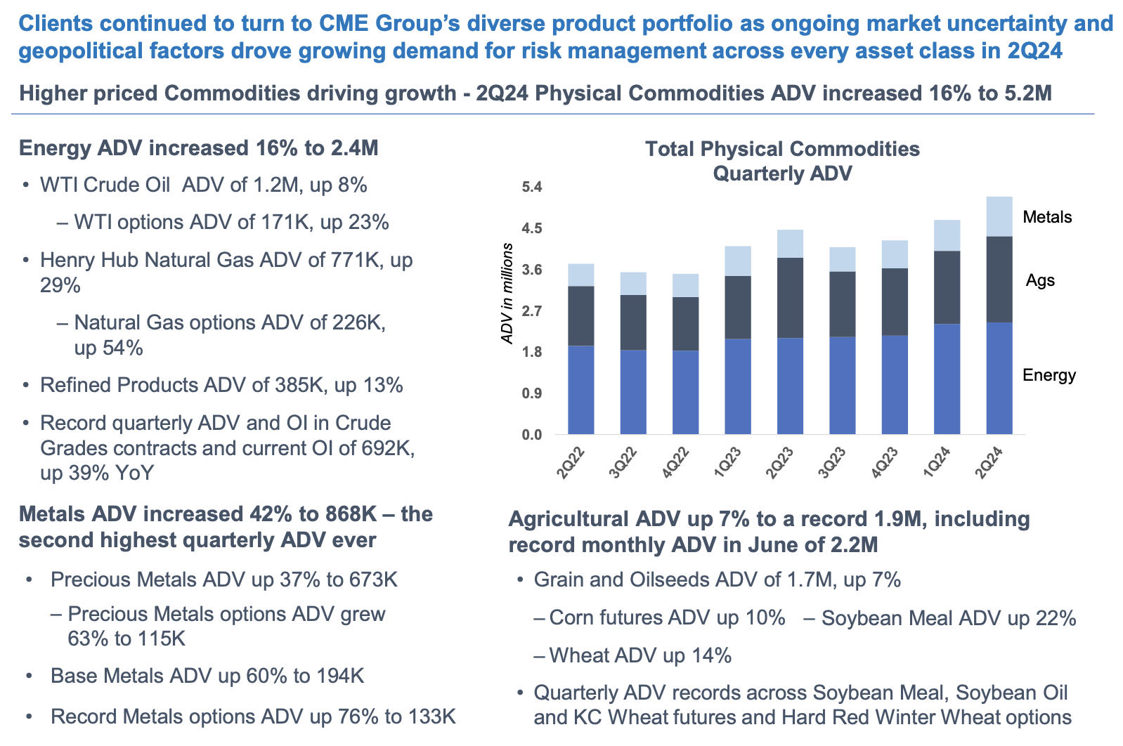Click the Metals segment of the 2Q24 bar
pos(999,216)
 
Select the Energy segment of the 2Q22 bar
pos(580,390)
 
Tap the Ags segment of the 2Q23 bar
pos(790,298)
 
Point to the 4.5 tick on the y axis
pos(532,228)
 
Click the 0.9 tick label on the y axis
pos(532,393)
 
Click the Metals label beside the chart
pos(1047,217)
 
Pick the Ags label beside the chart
pos(1040,280)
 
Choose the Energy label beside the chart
pos(1049,375)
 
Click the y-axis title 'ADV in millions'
pos(507,294)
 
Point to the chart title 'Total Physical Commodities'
pos(782,149)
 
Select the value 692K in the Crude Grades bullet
pos(391,447)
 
